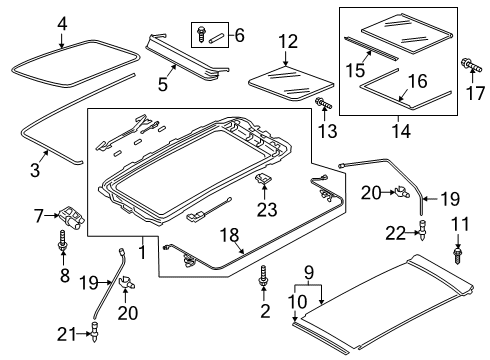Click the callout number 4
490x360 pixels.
pyautogui.click(x=62, y=24)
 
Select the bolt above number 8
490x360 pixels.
pyautogui.click(x=62, y=240)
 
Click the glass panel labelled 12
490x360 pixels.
pyautogui.click(x=291, y=83)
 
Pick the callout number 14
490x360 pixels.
pyautogui.click(x=401, y=131)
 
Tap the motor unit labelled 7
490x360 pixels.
pyautogui.click(x=72, y=217)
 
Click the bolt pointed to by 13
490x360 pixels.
pyautogui.click(x=323, y=104)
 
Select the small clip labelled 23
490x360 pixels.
pyautogui.click(x=264, y=179)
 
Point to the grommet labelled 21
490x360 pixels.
pyautogui.click(x=95, y=332)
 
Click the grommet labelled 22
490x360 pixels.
pyautogui.click(x=423, y=231)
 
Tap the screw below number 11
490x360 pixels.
pyautogui.click(x=458, y=255)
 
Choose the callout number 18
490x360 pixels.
pyautogui.click(x=230, y=235)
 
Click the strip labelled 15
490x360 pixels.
pyautogui.click(x=371, y=49)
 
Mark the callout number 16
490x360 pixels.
pyautogui.click(x=417, y=81)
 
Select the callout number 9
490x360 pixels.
pyautogui.click(x=309, y=272)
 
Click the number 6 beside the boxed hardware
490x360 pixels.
pyautogui.click(x=239, y=35)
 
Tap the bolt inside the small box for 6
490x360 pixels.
pyautogui.click(x=201, y=34)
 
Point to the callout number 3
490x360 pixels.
pyautogui.click(x=35, y=169)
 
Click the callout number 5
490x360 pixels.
pyautogui.click(x=163, y=84)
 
